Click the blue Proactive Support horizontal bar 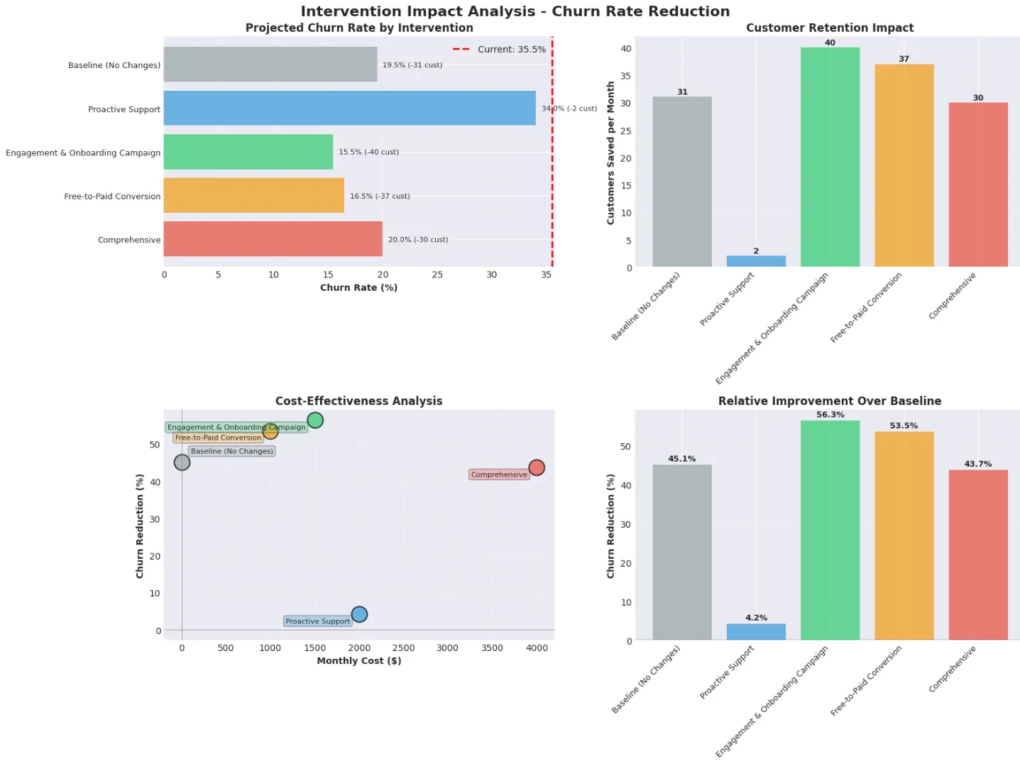coord(349,108)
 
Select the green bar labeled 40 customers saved coord(829,157)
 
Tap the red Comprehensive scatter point coord(536,467)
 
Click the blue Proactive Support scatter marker coord(359,614)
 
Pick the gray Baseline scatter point coord(182,462)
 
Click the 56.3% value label coord(830,415)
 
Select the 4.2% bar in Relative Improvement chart coord(756,632)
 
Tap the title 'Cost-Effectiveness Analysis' coord(358,401)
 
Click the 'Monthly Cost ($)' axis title coord(358,660)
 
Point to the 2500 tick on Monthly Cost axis coord(403,648)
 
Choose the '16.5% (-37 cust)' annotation coord(379,196)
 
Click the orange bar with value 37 coord(904,165)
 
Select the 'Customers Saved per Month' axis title coord(610,153)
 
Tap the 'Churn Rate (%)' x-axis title coord(358,287)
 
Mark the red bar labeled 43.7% coord(977,555)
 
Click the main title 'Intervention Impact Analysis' coord(515,11)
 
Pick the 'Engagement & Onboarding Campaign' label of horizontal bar coord(83,152)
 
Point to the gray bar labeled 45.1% coord(681,552)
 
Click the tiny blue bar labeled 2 coord(756,261)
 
